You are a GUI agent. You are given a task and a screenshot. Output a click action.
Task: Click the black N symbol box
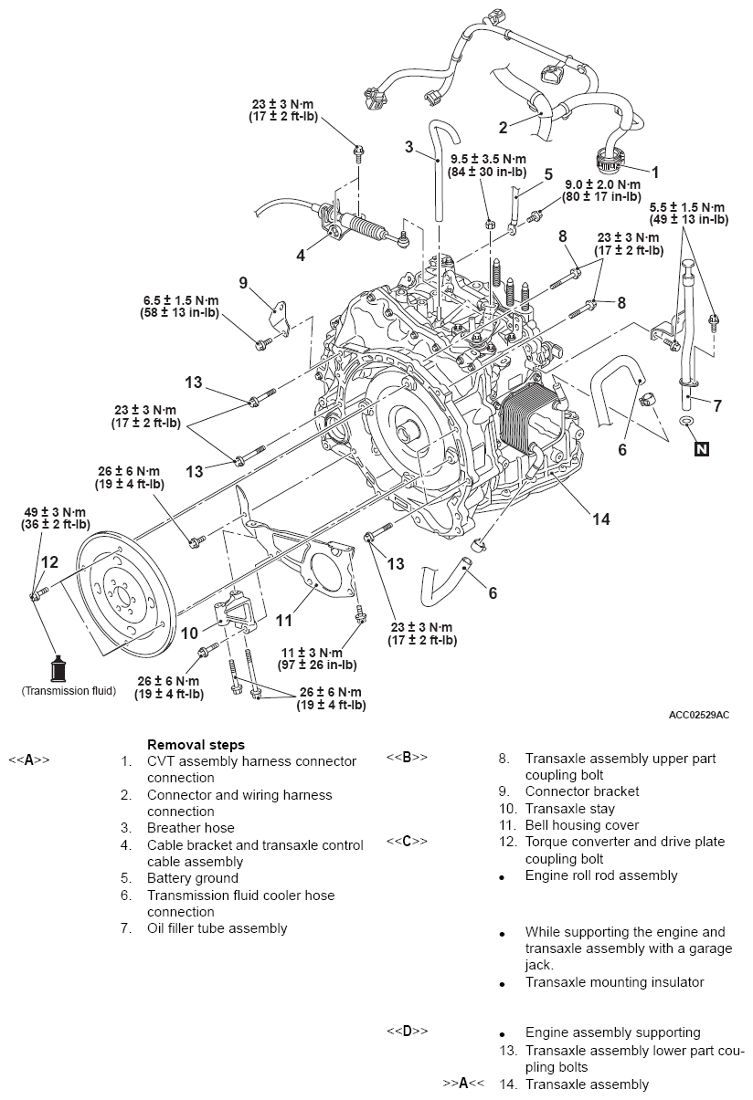(701, 448)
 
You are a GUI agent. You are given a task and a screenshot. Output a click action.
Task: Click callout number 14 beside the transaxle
(600, 519)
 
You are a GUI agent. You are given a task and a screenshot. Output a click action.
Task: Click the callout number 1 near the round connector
(653, 171)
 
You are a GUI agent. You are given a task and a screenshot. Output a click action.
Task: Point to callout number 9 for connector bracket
(243, 283)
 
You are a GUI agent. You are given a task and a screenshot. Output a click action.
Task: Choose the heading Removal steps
(196, 744)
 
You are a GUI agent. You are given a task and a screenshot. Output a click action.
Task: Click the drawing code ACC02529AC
(698, 715)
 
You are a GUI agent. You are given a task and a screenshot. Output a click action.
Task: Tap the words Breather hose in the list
(190, 828)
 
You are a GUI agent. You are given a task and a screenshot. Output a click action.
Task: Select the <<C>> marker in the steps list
(407, 841)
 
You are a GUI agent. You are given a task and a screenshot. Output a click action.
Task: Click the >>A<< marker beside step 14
(462, 1084)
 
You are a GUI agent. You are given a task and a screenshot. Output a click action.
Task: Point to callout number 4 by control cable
(301, 256)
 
